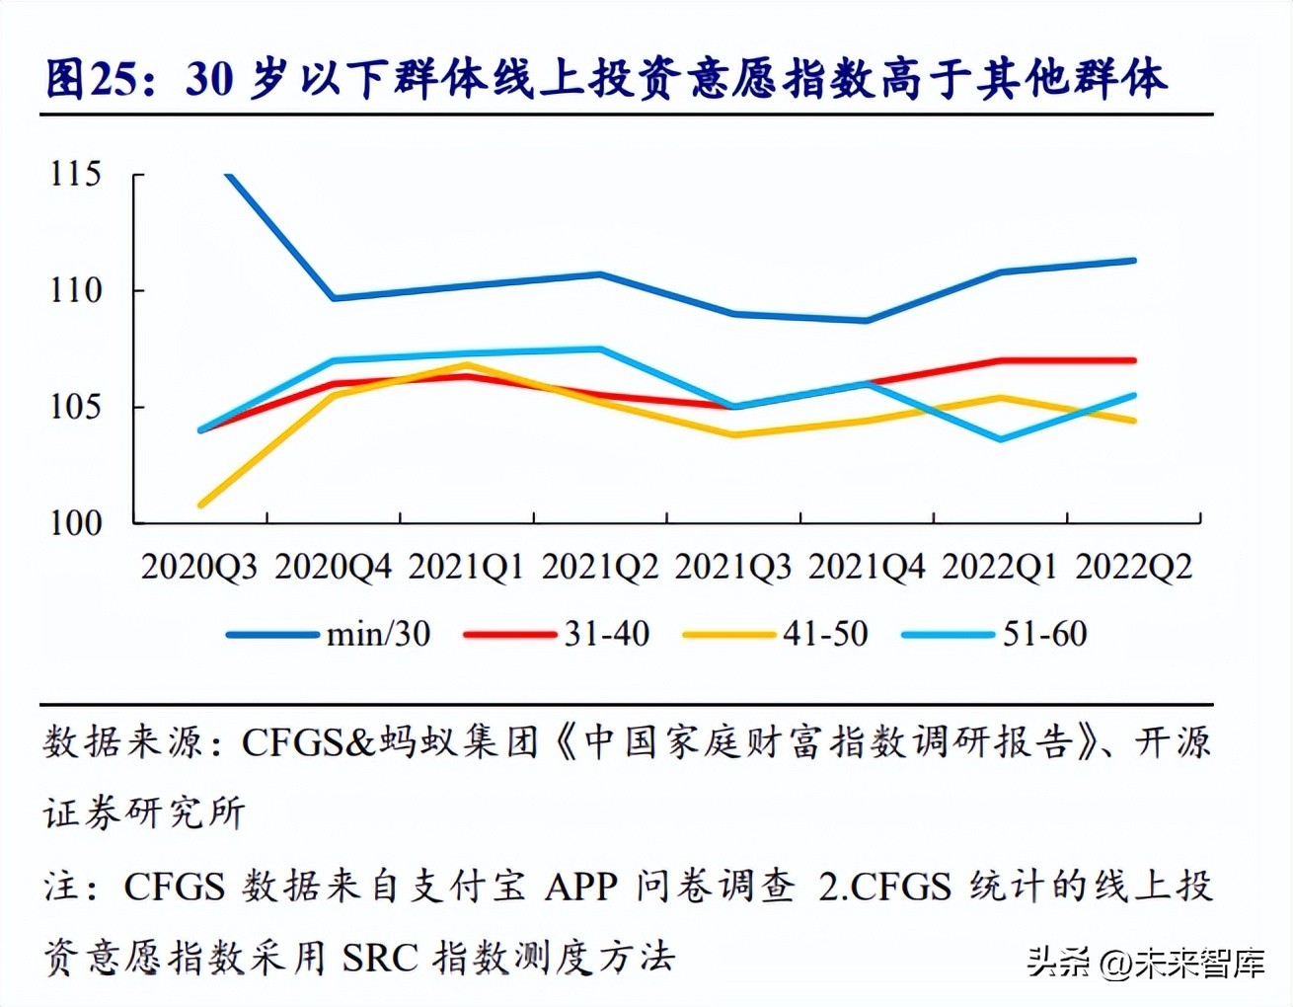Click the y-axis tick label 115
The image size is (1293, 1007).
(x=76, y=175)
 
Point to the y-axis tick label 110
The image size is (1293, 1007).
(x=76, y=291)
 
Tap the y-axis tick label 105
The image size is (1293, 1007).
(x=76, y=407)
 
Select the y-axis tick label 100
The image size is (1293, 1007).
(x=76, y=523)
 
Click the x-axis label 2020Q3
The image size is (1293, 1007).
(x=199, y=568)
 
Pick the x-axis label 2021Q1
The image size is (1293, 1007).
(x=466, y=568)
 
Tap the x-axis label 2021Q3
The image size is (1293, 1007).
(x=733, y=568)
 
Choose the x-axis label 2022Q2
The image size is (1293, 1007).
(x=1133, y=568)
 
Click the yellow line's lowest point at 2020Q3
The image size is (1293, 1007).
(x=201, y=504)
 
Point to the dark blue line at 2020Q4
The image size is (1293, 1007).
(x=335, y=298)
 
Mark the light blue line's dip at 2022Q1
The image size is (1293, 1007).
(x=1001, y=438)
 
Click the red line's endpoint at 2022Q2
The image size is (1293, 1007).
(x=1133, y=360)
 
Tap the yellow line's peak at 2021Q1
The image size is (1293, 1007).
(x=467, y=365)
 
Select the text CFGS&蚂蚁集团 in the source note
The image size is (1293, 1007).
(x=390, y=741)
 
